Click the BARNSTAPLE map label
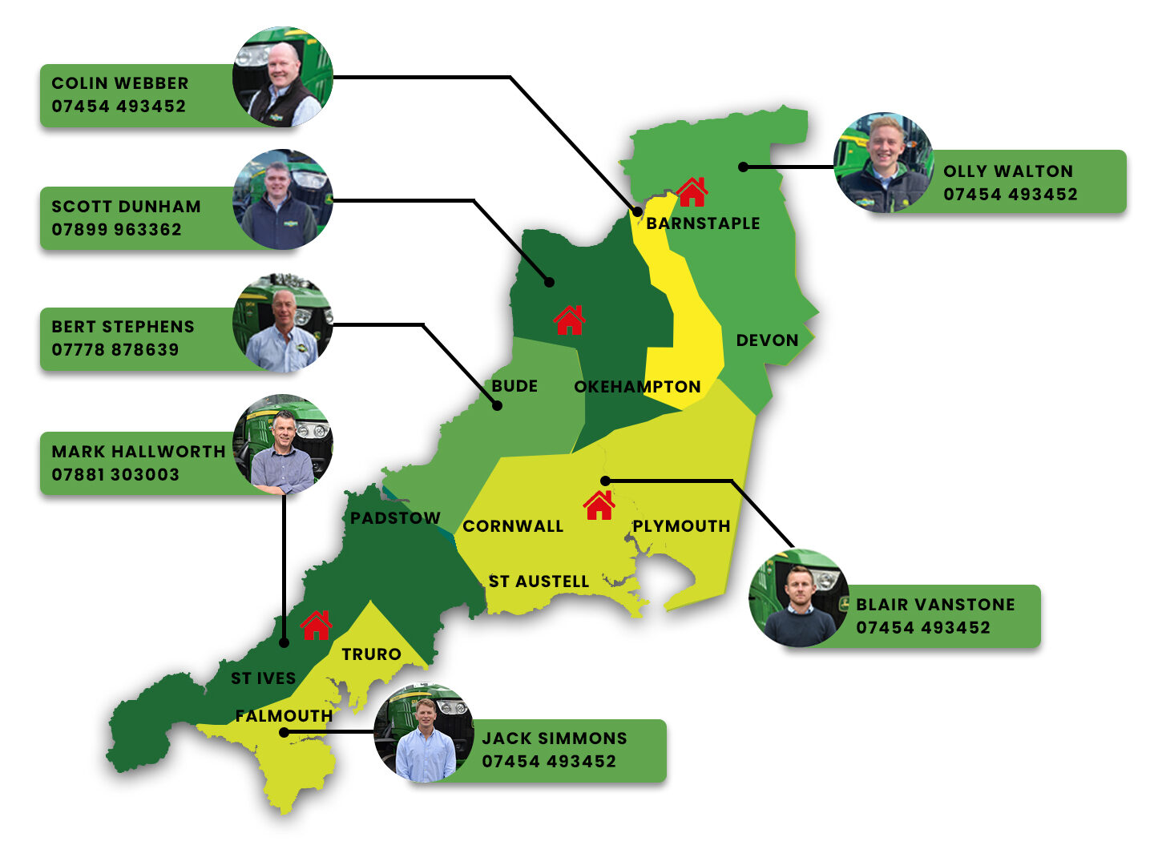tap(703, 223)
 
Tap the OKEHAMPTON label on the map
tap(637, 387)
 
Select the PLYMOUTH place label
tap(681, 526)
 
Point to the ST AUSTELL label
tap(539, 581)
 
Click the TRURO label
tap(371, 654)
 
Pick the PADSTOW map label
tap(395, 518)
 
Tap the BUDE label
tap(514, 386)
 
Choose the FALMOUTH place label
tap(284, 716)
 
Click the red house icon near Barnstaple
tap(692, 192)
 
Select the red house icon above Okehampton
tap(569, 320)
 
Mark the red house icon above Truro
tap(316, 625)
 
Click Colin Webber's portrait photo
tap(282, 77)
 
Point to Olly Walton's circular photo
tap(883, 163)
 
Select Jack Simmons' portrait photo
tap(424, 733)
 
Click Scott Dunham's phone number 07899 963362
tap(117, 230)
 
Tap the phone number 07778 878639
tap(115, 350)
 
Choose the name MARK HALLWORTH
tap(139, 452)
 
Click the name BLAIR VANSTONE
tap(935, 605)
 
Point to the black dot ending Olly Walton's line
tap(744, 167)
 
